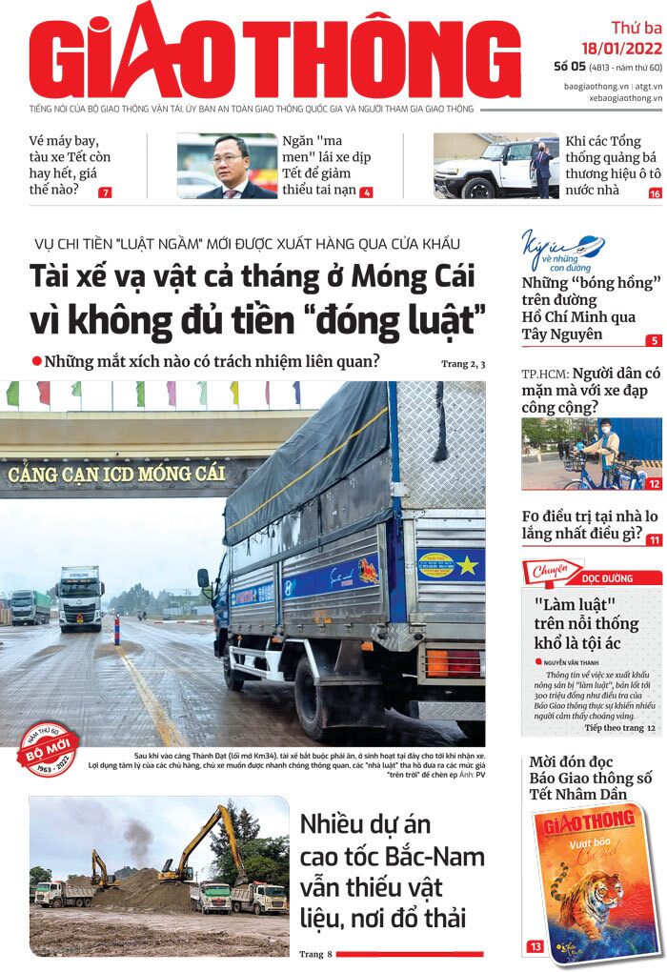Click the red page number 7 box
point(105,192)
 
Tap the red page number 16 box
point(655,192)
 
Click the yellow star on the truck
point(468,567)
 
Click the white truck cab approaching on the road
point(80,598)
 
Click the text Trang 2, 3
point(463,364)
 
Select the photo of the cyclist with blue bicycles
point(591,453)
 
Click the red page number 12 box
point(654,484)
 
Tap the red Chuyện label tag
point(551,572)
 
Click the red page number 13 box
point(536,946)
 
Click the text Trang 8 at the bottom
point(315,953)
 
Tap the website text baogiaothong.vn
point(600,85)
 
